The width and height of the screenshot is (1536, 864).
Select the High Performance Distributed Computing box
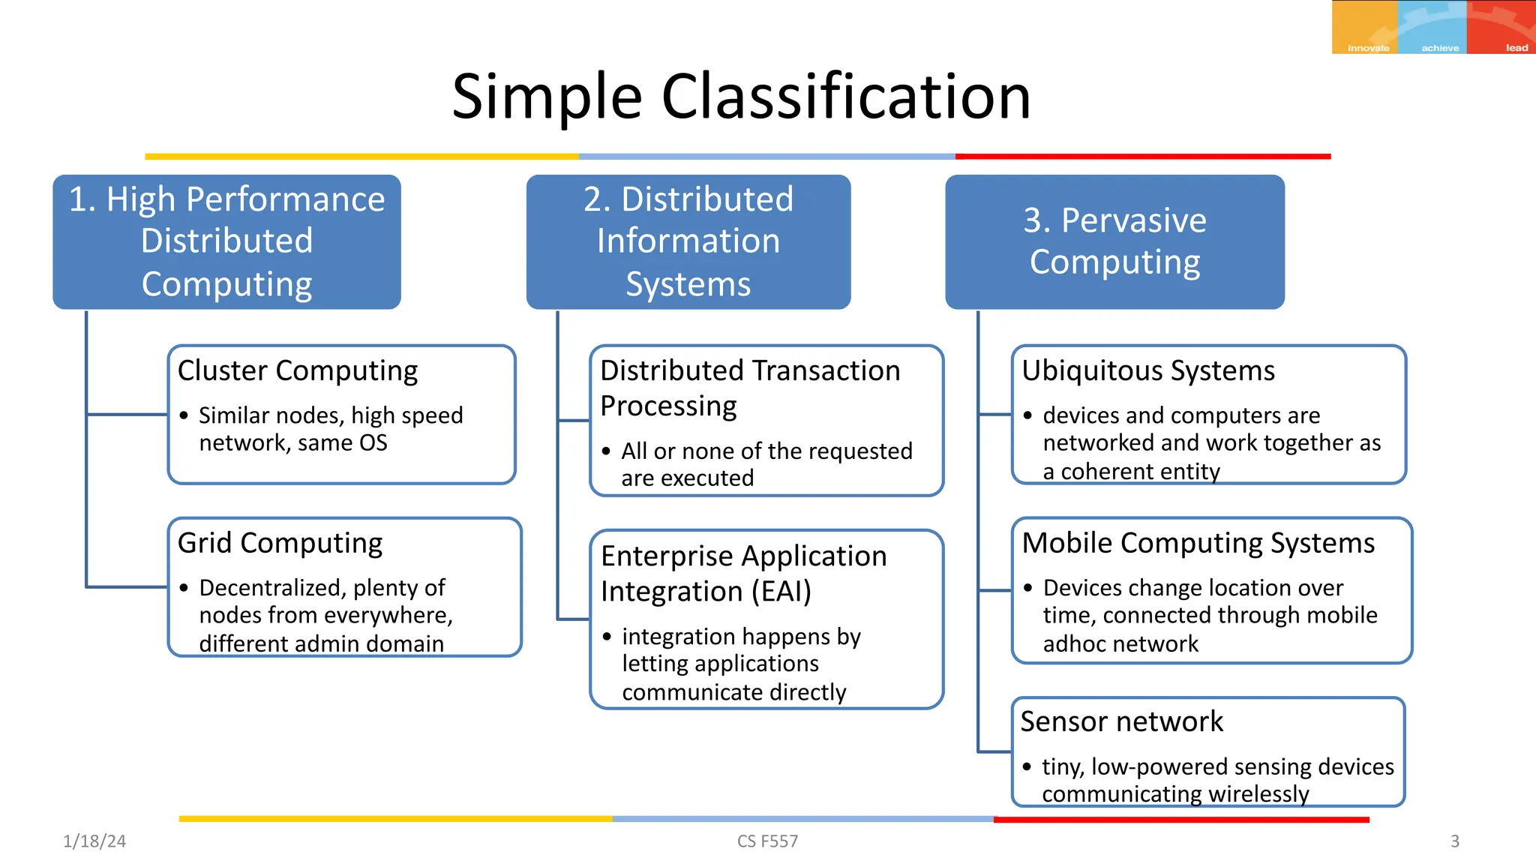[226, 241]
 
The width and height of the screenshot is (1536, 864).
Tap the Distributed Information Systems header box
[688, 241]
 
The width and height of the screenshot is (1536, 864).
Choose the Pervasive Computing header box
[1114, 241]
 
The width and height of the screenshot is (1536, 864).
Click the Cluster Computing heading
[298, 370]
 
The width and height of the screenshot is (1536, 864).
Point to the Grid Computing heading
[280, 543]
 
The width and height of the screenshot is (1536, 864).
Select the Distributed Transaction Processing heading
[750, 388]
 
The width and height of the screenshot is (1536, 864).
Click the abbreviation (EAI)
[781, 592]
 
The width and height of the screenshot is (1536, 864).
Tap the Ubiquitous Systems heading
[1147, 370]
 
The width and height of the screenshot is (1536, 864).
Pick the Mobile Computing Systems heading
[1198, 543]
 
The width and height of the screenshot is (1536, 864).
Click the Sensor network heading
[1121, 721]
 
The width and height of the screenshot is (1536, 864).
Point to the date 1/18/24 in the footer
[94, 841]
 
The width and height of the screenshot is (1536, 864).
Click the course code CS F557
[767, 841]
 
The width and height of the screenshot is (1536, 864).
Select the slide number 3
[1454, 841]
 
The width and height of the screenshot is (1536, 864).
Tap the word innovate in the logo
[1368, 48]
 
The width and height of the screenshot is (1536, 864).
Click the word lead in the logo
[1516, 48]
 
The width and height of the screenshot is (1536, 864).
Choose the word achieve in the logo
[1440, 48]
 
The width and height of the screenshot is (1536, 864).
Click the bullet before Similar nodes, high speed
[184, 415]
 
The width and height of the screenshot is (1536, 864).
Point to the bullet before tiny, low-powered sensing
[1027, 766]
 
